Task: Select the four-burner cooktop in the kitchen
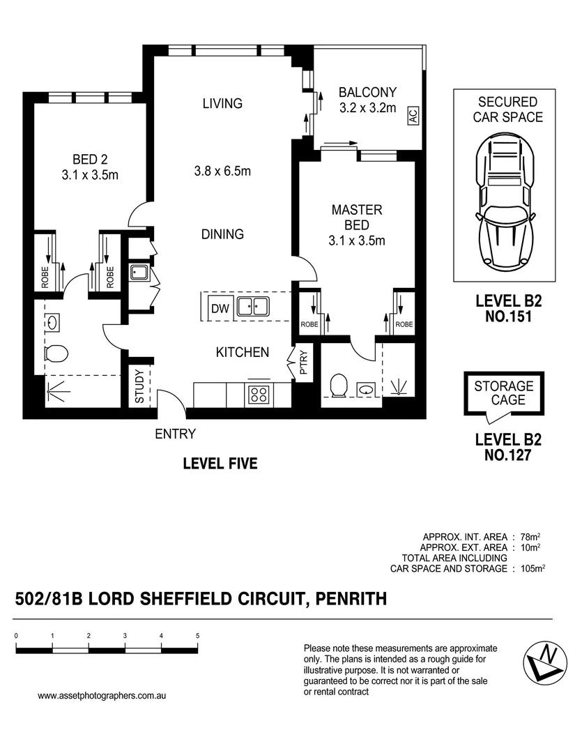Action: click(259, 395)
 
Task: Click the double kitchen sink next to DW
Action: click(252, 307)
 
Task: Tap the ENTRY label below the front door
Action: click(175, 434)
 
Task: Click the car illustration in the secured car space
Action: click(504, 202)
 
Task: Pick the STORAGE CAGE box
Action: click(503, 393)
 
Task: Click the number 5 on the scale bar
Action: click(198, 636)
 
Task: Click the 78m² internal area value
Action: click(530, 537)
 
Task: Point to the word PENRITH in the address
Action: click(351, 598)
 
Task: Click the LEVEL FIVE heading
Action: click(220, 464)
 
